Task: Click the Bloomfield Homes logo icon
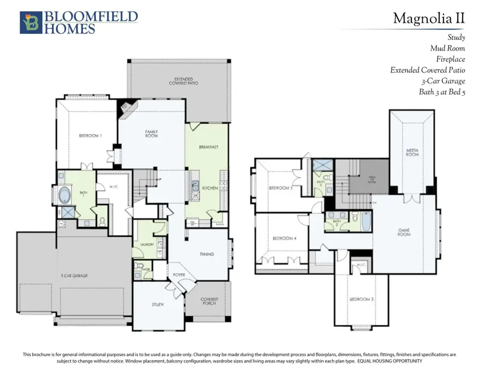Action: pyautogui.click(x=29, y=23)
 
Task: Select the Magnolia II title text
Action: pyautogui.click(x=429, y=19)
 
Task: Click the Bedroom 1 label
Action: pyautogui.click(x=90, y=136)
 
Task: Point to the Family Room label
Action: pyautogui.click(x=152, y=134)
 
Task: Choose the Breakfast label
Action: pyautogui.click(x=209, y=147)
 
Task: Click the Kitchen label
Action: pyautogui.click(x=209, y=188)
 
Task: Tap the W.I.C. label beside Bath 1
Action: pyautogui.click(x=113, y=186)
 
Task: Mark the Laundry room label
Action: pyautogui.click(x=147, y=244)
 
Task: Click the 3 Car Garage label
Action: pyautogui.click(x=73, y=275)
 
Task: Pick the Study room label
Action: pyautogui.click(x=158, y=305)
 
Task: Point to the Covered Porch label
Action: pyautogui.click(x=209, y=301)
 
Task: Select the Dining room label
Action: pyautogui.click(x=207, y=254)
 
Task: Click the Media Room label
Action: pyautogui.click(x=412, y=152)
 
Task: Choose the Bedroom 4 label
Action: pyautogui.click(x=284, y=238)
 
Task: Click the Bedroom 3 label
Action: pyautogui.click(x=361, y=299)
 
